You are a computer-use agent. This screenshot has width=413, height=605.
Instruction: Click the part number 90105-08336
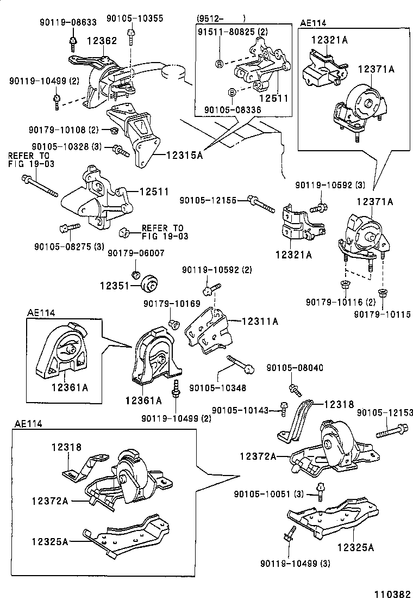pyautogui.click(x=233, y=110)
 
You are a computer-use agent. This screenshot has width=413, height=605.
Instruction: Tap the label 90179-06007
pyautogui.click(x=135, y=253)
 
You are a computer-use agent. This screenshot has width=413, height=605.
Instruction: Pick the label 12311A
pyautogui.click(x=260, y=322)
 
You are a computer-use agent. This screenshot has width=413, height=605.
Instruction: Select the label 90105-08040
pyautogui.click(x=295, y=368)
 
